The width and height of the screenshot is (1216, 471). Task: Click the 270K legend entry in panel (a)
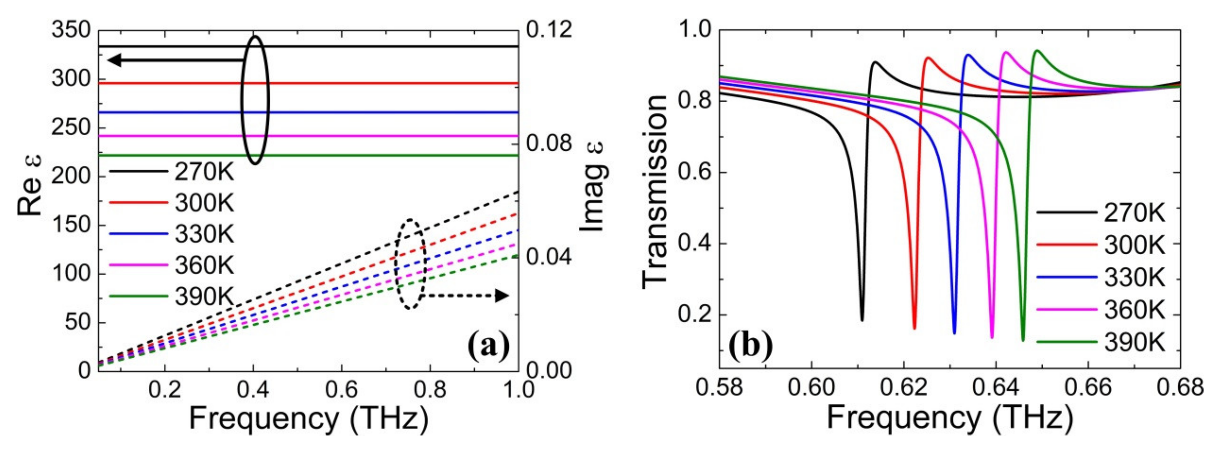(x=204, y=173)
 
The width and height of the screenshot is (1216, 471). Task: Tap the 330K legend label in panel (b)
(x=1134, y=278)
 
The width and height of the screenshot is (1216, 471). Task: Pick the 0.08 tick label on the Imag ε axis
(x=548, y=143)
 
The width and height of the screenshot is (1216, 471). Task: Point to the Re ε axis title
(x=29, y=185)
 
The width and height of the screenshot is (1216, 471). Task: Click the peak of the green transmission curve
(x=1033, y=63)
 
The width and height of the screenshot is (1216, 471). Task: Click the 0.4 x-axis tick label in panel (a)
(x=253, y=390)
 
